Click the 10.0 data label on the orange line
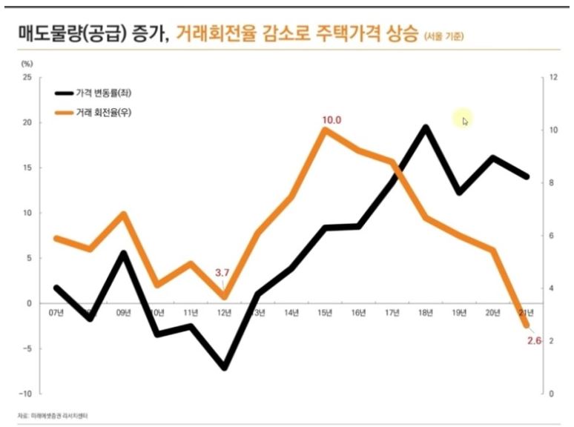[x=331, y=119]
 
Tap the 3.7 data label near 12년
[x=222, y=273]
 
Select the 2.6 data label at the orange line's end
[x=534, y=340]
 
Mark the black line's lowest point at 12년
[x=224, y=367]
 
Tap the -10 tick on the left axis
[x=25, y=394]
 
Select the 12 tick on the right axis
[x=552, y=77]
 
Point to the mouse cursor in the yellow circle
[x=465, y=120]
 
